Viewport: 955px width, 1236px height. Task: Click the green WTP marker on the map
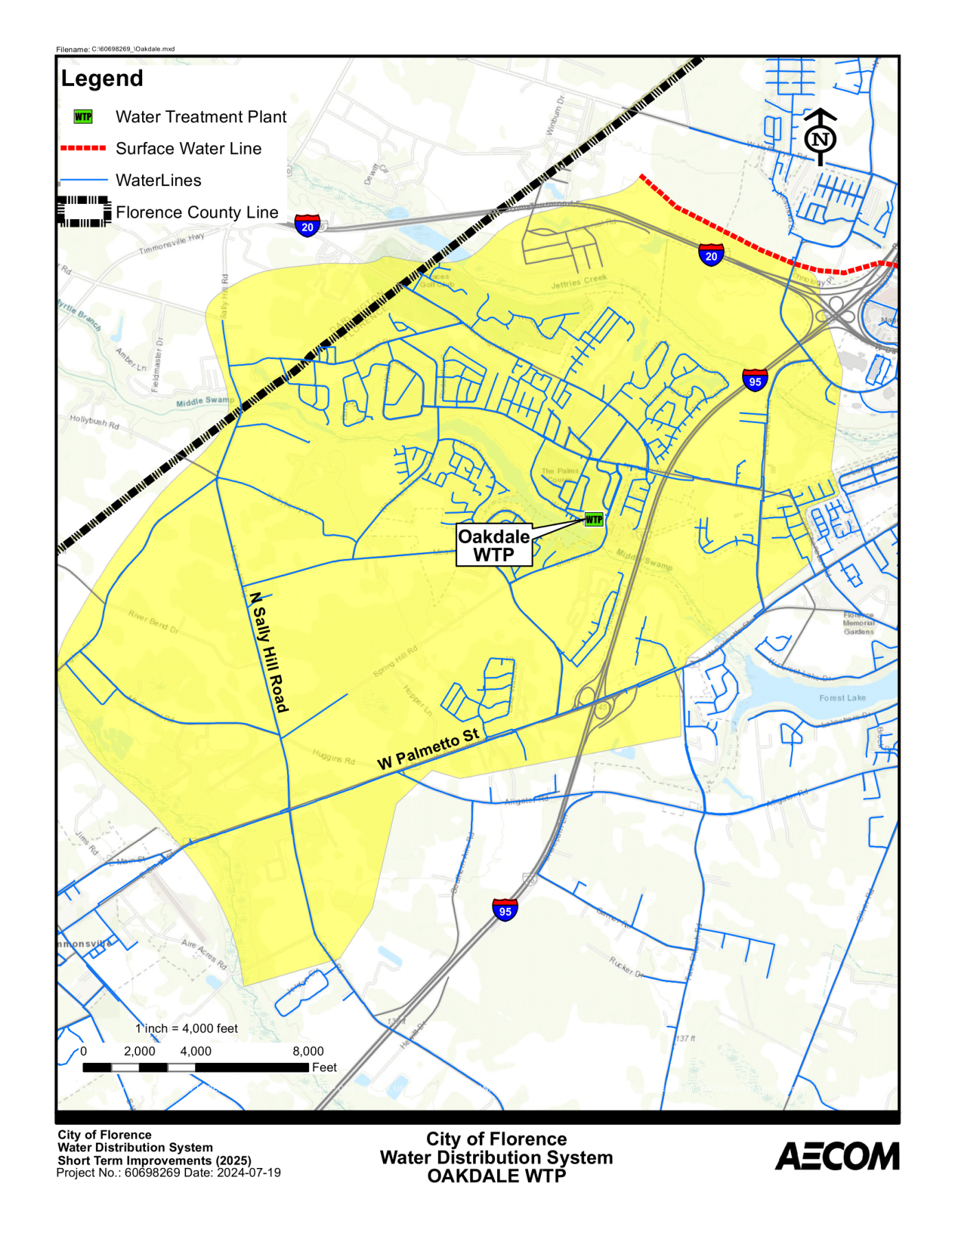(594, 520)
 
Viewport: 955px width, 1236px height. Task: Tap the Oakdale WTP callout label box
(494, 546)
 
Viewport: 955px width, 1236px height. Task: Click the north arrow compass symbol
(820, 137)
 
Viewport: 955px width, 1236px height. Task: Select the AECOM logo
(837, 1156)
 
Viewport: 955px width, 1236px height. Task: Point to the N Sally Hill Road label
(268, 652)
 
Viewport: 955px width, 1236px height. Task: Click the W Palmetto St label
(428, 749)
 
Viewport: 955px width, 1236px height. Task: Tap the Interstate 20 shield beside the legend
(307, 226)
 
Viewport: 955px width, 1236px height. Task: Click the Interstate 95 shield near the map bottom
(505, 911)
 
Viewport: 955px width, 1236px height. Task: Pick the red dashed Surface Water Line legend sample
(83, 148)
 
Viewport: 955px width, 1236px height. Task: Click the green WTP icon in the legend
(83, 117)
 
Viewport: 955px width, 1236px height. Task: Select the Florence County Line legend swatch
(84, 211)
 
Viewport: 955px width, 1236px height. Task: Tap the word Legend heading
(102, 79)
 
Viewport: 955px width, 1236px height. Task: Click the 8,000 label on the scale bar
(308, 1051)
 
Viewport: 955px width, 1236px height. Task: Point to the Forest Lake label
(842, 698)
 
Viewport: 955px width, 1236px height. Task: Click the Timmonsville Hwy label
(172, 244)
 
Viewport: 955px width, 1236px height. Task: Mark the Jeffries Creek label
(579, 282)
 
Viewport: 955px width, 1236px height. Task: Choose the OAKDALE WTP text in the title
(496, 1176)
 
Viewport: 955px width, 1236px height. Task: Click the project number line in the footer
(169, 1173)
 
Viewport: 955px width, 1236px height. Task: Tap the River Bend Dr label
(154, 621)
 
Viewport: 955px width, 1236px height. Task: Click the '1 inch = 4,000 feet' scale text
(187, 1029)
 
